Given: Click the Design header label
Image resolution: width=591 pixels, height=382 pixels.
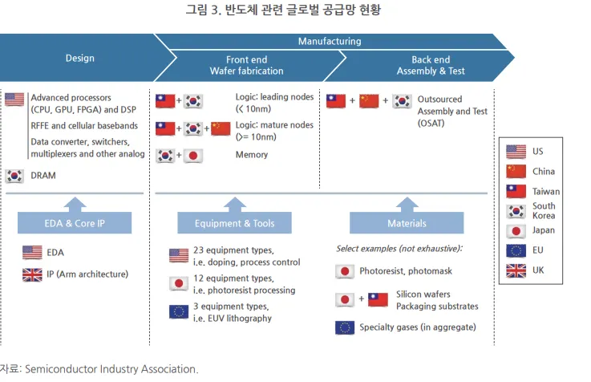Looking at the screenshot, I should (x=79, y=58).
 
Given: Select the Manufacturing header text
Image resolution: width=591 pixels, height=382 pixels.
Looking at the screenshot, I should (x=329, y=41).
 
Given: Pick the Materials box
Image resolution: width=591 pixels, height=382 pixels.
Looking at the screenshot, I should (x=406, y=223).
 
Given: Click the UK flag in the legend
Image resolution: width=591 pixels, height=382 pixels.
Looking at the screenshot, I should (x=516, y=270).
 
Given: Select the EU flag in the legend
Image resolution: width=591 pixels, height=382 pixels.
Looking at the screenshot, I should (x=516, y=250).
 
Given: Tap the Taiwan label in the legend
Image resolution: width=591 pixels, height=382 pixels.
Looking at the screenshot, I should (x=545, y=192).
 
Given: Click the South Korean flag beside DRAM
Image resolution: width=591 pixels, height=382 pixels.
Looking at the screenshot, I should (x=14, y=176).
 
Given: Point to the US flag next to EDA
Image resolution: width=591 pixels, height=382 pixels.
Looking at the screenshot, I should (x=33, y=252).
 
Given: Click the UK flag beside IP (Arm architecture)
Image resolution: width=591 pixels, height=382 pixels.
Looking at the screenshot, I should (x=33, y=274).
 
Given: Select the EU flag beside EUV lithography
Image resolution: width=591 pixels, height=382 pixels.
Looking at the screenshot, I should (x=179, y=312).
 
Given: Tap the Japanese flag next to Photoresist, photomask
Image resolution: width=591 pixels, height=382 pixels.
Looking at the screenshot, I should (x=345, y=271).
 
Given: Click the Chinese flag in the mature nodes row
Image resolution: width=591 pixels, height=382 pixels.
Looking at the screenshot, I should (x=221, y=128).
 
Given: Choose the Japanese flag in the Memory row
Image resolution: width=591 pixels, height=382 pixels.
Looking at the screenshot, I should (x=192, y=155).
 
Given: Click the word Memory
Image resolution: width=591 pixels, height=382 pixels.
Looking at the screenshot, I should (x=252, y=155).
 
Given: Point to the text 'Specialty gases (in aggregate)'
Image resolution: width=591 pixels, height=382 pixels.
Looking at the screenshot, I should (x=417, y=327).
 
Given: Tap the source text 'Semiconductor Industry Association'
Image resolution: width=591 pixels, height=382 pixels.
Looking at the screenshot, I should (x=111, y=369).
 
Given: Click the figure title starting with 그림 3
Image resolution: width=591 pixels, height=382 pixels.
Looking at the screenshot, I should (x=295, y=10).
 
